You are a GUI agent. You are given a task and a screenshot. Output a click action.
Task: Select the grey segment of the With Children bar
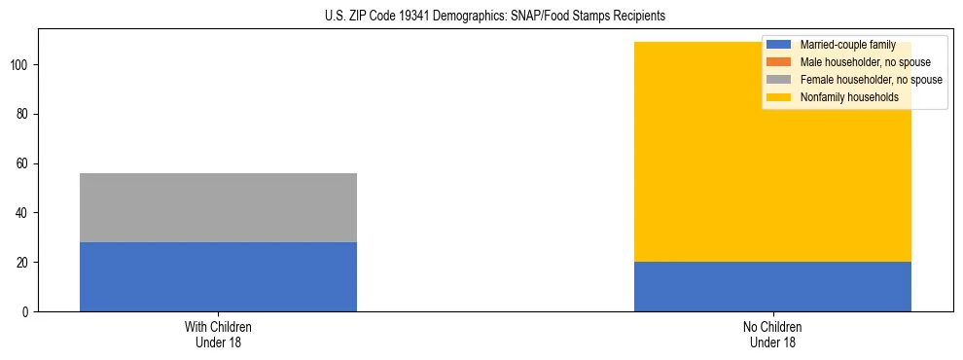tap(218, 207)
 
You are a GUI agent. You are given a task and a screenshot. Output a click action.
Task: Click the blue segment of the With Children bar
tap(218, 276)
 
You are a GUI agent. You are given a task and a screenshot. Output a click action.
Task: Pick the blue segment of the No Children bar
tap(772, 286)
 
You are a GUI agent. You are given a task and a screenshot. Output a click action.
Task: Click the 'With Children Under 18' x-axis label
tap(218, 334)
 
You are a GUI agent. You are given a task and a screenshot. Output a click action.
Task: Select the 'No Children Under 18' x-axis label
tap(772, 334)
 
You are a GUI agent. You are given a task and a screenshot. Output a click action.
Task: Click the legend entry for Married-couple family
tap(846, 45)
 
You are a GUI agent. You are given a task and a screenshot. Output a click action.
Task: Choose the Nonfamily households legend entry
tap(849, 97)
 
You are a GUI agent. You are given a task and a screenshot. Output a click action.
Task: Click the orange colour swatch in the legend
tap(779, 62)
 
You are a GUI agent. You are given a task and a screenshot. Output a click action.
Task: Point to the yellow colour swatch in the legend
tap(779, 97)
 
